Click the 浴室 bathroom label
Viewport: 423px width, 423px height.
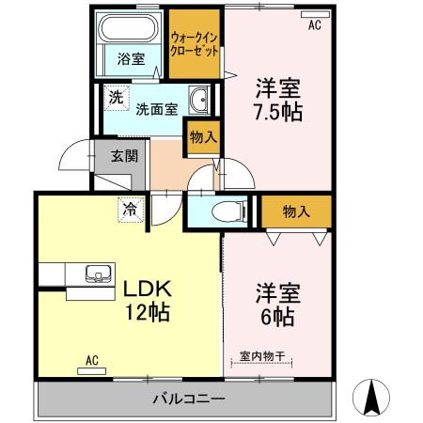(x=130, y=58)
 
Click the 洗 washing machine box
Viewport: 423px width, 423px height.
(x=115, y=97)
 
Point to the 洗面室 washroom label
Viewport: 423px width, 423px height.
(x=156, y=108)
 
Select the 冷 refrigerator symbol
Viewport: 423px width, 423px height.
(x=129, y=209)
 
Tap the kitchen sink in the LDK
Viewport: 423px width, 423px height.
(x=97, y=274)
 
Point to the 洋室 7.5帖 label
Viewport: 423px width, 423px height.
(x=279, y=102)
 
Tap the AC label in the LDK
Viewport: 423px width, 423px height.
(x=92, y=359)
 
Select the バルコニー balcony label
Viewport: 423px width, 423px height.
(x=188, y=400)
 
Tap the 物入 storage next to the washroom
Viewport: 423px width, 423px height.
(x=202, y=137)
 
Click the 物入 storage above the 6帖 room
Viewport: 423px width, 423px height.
(x=296, y=211)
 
